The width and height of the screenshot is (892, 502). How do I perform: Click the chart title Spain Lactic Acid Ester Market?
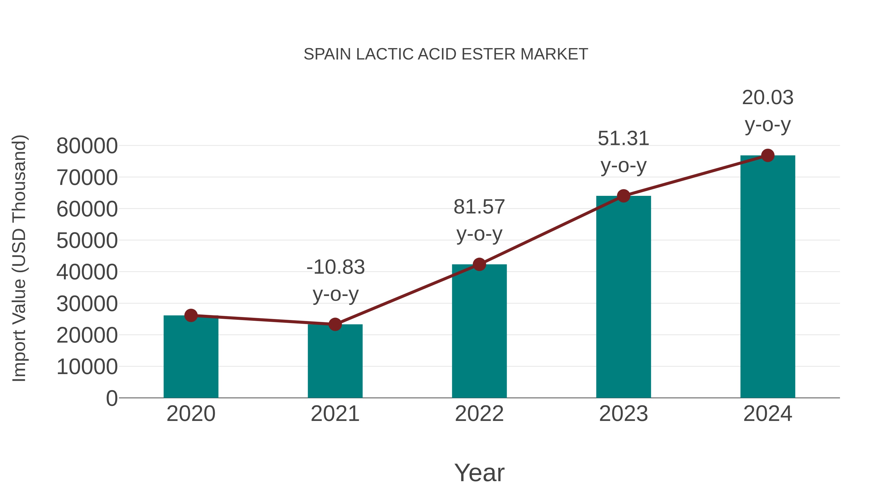(446, 54)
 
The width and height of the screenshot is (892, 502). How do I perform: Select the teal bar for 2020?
(191, 357)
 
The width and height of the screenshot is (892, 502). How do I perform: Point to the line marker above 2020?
(191, 315)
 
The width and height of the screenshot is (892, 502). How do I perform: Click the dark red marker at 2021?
(335, 324)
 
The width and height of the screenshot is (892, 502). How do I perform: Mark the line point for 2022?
(479, 264)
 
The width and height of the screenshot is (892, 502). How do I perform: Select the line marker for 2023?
(623, 196)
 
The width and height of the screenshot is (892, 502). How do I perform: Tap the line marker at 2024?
(768, 155)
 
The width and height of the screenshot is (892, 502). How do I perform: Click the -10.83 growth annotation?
(335, 267)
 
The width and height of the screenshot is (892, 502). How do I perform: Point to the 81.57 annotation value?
(479, 207)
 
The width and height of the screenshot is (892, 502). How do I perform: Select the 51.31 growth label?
(623, 139)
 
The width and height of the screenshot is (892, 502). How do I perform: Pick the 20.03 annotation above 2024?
(768, 98)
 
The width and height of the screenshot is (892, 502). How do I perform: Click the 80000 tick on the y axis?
(87, 146)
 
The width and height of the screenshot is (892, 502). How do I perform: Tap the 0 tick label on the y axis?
(111, 398)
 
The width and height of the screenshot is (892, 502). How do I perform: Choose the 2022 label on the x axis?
(479, 414)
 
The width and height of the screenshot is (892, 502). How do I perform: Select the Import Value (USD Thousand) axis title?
(19, 258)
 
